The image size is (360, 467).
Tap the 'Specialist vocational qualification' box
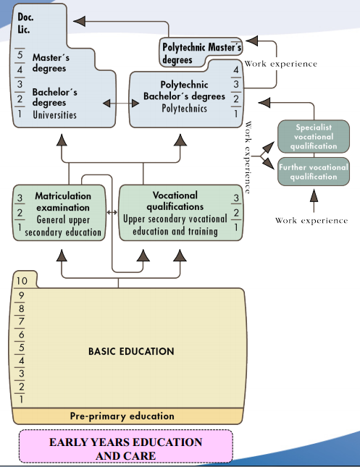[x=313, y=136]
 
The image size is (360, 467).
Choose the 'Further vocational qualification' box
[x=313, y=172]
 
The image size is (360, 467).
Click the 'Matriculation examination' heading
[x=63, y=201]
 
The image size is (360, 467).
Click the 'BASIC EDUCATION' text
[x=131, y=351]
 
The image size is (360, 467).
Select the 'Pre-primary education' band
[x=122, y=416]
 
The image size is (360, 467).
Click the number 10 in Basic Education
[x=22, y=281]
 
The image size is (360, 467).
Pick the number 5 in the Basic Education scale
[x=21, y=346]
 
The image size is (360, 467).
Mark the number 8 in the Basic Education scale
[x=21, y=308]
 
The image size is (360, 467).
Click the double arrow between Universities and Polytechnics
[x=117, y=104]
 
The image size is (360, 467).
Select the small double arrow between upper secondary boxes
[x=112, y=212]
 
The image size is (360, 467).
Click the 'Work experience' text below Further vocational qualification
[x=311, y=220]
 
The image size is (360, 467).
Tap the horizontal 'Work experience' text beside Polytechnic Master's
[x=280, y=64]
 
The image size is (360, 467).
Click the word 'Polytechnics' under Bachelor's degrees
[x=184, y=109]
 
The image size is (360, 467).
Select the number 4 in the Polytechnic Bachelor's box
[x=235, y=70]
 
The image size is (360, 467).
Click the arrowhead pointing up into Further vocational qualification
[x=313, y=193]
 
